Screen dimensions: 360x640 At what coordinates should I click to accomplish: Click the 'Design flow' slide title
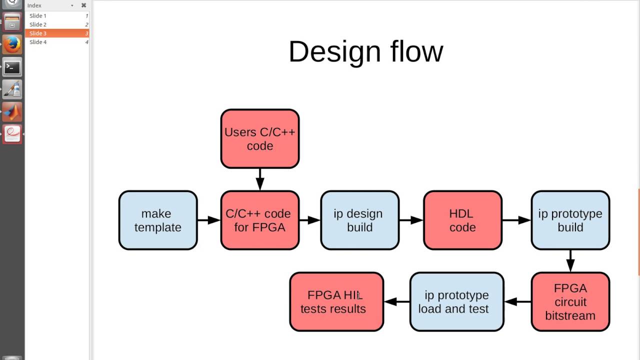tap(365, 51)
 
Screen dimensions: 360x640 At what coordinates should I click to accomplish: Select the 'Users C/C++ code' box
tap(259, 139)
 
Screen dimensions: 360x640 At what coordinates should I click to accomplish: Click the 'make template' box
tap(158, 220)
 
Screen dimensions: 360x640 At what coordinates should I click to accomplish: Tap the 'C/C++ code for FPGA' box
tap(259, 220)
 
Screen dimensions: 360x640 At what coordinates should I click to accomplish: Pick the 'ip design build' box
tap(359, 220)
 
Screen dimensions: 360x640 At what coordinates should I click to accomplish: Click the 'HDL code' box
tap(462, 220)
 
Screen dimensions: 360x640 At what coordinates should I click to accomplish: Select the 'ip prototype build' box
tap(570, 220)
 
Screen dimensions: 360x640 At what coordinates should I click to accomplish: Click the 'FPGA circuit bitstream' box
tap(570, 301)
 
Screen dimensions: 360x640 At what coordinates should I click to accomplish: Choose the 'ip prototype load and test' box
tap(456, 301)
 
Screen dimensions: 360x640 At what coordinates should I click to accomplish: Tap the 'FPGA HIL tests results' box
tap(336, 301)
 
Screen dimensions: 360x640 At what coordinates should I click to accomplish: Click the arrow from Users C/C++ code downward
tap(259, 179)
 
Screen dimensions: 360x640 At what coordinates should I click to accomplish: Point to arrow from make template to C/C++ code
tap(209, 220)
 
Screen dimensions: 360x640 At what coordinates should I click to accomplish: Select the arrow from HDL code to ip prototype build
tap(516, 220)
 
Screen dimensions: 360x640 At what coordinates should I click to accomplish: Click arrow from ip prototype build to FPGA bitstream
tap(570, 260)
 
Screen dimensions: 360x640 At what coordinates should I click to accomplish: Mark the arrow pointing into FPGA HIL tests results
tap(397, 301)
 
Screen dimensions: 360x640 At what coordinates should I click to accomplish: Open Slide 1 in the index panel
tap(38, 16)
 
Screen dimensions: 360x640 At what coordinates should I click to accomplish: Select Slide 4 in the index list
tap(38, 42)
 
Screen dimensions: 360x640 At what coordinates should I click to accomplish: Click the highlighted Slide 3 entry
tap(38, 33)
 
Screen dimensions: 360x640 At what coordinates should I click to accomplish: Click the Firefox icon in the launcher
tap(12, 44)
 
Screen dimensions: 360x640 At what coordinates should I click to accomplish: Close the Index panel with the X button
tap(83, 5)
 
